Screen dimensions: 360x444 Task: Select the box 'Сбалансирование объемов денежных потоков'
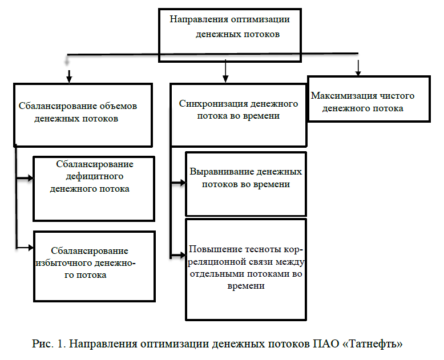83,114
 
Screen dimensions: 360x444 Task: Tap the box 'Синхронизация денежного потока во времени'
239,114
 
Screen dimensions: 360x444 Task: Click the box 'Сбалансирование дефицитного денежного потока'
94,188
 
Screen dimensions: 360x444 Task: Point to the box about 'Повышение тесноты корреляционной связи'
246,268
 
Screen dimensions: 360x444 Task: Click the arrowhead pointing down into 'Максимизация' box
358,72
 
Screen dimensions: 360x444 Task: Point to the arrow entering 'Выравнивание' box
181,183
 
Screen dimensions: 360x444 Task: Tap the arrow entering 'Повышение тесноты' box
181,253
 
